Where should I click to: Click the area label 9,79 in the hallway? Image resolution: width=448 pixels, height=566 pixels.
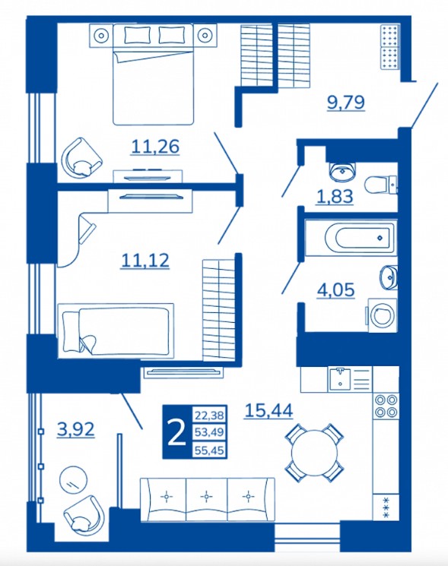coord(346,102)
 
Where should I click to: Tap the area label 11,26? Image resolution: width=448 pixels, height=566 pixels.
coord(155,147)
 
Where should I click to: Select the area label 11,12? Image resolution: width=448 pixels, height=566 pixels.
coord(145,260)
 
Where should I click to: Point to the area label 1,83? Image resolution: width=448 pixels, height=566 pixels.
coord(335,197)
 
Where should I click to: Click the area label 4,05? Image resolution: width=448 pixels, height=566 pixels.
coord(335,289)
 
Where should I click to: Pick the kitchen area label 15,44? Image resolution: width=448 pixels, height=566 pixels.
coord(268,410)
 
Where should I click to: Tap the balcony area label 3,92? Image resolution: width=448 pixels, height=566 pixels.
coord(76,429)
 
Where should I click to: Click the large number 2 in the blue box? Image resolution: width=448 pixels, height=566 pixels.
coord(176,432)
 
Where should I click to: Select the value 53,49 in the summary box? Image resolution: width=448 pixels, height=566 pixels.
coord(209,432)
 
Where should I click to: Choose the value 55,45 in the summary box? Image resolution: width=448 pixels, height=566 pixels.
coord(209,450)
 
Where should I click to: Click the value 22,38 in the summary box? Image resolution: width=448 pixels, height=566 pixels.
coord(209,415)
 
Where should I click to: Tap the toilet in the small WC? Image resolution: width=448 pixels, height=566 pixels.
coord(380,185)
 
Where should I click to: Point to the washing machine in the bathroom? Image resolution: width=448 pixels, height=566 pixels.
coord(383,315)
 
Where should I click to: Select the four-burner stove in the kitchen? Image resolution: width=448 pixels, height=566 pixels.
coord(386,406)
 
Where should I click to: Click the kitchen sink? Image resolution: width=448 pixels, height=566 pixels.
coord(339,379)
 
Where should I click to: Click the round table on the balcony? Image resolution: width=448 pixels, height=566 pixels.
coord(73,479)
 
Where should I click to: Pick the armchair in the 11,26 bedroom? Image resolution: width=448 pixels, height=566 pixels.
coord(81,157)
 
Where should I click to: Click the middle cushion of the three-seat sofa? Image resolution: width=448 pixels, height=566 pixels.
coord(206,500)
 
